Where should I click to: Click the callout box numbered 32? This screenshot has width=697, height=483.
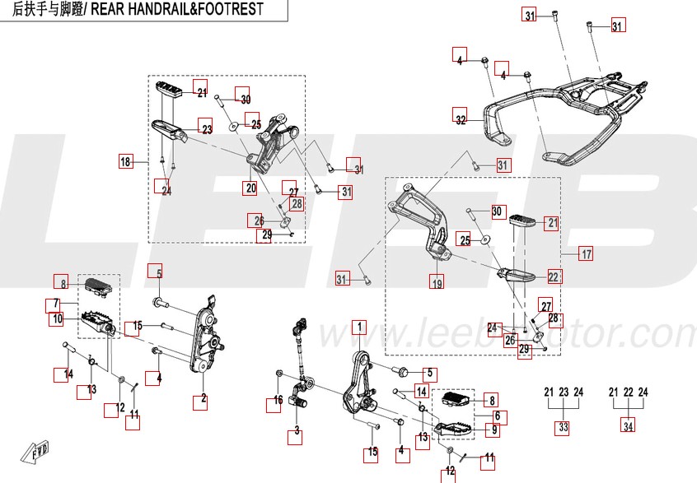click(x=461, y=119)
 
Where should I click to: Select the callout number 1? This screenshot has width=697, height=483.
click(x=358, y=327)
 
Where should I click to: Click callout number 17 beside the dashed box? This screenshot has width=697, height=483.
click(x=585, y=253)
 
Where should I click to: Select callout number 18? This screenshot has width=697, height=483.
click(x=125, y=162)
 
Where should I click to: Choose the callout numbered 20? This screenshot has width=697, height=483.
click(x=250, y=188)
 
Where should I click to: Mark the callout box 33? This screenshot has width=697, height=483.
click(x=563, y=427)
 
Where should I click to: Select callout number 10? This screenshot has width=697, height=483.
click(x=58, y=318)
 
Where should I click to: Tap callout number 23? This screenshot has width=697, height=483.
click(x=206, y=129)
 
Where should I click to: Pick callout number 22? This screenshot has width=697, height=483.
click(x=554, y=277)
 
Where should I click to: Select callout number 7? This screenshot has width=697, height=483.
click(x=50, y=304)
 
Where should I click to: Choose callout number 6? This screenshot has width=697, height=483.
click(x=501, y=417)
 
